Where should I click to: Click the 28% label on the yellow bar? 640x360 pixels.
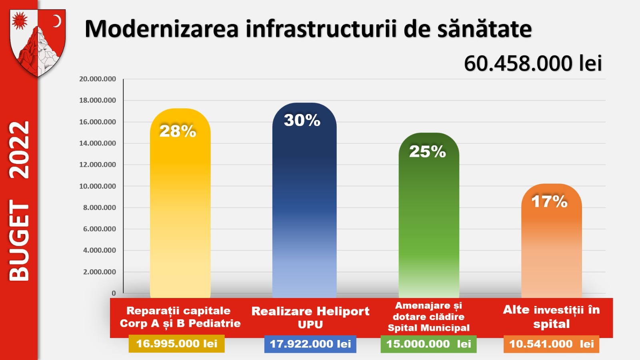(178, 131)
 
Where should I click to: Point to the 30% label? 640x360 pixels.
(302, 120)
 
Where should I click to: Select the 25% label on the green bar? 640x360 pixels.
(427, 152)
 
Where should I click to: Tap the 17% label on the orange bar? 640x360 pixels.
(549, 202)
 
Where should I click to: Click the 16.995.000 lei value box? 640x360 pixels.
(176, 344)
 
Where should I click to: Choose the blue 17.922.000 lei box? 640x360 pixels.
(310, 344)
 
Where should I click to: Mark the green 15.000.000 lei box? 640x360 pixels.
(428, 344)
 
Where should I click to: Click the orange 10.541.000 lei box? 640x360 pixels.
(551, 344)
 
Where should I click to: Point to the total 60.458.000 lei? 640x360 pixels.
(533, 63)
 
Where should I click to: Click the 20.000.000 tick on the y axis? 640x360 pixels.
(98, 79)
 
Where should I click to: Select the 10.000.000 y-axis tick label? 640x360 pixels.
(98, 186)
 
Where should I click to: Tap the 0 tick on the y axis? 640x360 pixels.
(114, 293)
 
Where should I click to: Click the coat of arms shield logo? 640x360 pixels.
(38, 42)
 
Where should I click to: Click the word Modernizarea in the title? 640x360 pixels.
(162, 29)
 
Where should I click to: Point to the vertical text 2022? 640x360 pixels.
(19, 150)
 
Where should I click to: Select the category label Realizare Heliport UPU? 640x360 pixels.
(310, 317)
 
